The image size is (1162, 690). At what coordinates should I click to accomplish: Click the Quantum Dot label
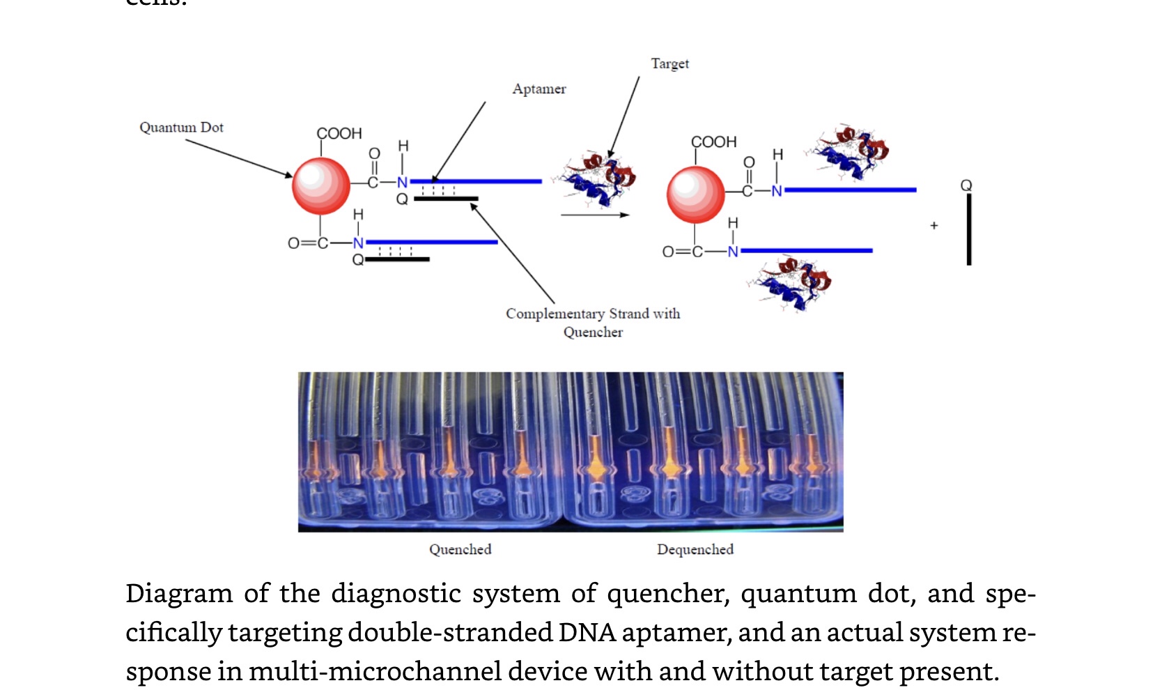pos(181,127)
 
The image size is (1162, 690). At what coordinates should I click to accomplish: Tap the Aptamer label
pos(539,89)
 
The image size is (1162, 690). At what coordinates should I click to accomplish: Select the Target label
pos(669,63)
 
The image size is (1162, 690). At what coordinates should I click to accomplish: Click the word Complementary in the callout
pos(555,314)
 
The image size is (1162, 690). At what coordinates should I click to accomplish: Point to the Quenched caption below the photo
pos(460,549)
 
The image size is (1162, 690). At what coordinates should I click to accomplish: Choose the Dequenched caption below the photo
pos(695,549)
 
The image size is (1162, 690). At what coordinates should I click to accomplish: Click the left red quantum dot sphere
pos(320,185)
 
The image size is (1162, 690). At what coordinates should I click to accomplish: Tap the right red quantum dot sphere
pos(695,194)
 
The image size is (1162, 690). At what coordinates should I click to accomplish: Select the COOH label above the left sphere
pos(339,133)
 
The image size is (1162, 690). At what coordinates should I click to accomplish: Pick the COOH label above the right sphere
pos(713,142)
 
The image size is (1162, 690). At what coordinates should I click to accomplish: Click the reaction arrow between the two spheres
pos(594,215)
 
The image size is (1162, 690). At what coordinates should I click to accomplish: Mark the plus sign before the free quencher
pos(934,225)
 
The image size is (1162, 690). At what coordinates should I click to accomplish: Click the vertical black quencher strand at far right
pos(968,229)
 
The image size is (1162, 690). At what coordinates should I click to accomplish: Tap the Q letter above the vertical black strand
pos(966,185)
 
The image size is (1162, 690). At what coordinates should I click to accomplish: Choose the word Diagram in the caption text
pos(179,593)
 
